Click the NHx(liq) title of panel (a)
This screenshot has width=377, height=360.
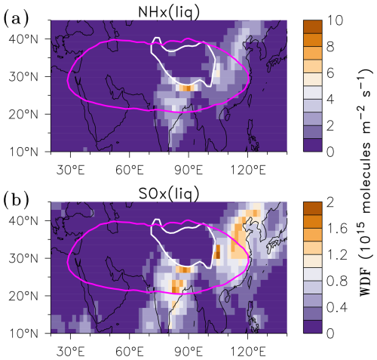[x=169, y=12]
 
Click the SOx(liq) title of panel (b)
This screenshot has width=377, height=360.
[x=169, y=194]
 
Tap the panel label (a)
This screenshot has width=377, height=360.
[x=16, y=19]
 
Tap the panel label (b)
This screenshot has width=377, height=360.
[x=16, y=200]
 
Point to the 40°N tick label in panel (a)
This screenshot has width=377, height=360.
[x=24, y=39]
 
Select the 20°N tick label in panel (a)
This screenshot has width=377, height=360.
[x=24, y=115]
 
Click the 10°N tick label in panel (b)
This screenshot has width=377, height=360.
[x=24, y=334]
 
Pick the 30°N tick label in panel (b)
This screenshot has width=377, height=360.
[x=24, y=258]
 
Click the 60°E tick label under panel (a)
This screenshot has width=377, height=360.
[x=130, y=170]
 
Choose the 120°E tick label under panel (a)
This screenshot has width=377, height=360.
[x=248, y=170]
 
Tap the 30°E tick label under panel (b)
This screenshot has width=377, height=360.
[x=70, y=352]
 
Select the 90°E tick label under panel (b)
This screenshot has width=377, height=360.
[x=188, y=352]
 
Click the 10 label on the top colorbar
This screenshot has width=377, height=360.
[x=335, y=20]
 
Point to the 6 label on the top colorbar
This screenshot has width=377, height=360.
[x=330, y=73]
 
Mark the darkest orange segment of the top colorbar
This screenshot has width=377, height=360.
[x=312, y=26]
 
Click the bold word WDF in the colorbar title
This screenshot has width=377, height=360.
[x=365, y=282]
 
